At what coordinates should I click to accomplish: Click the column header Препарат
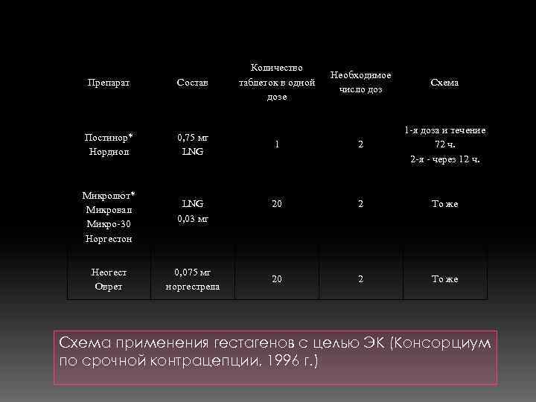109,83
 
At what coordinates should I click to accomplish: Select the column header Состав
192,83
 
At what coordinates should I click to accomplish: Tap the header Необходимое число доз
361,83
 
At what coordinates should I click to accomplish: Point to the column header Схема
444,83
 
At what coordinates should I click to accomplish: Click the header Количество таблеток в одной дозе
277,83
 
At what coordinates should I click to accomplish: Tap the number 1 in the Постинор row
277,144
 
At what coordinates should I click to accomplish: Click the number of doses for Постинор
361,144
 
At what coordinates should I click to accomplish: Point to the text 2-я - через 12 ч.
444,159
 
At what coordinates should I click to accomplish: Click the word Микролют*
109,196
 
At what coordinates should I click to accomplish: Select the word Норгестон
109,239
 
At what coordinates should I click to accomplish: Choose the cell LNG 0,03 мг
192,210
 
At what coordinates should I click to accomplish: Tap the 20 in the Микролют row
277,203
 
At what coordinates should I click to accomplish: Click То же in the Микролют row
444,203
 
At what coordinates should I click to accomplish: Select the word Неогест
109,272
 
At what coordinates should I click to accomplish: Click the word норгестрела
192,286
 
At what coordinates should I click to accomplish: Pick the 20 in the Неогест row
277,278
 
